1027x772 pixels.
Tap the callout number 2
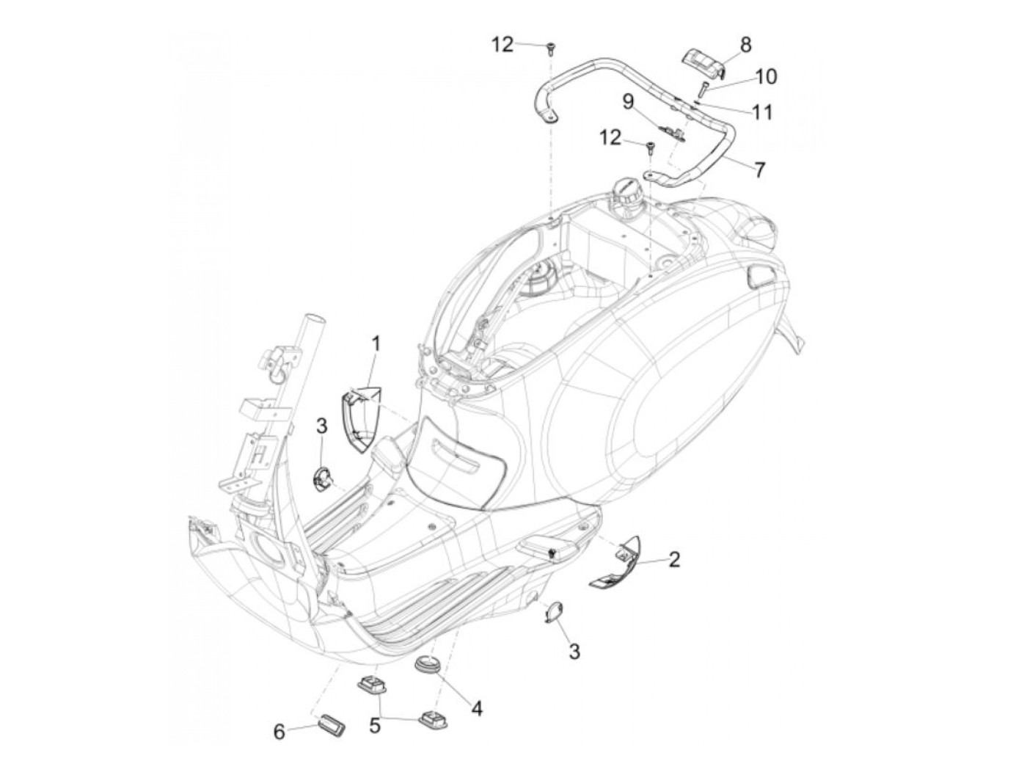coord(674,560)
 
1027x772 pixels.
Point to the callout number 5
coord(375,726)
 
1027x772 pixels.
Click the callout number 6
coord(279,731)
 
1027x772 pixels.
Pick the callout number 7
coord(759,170)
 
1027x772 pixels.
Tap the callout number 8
coord(745,45)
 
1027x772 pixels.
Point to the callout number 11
coord(762,112)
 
